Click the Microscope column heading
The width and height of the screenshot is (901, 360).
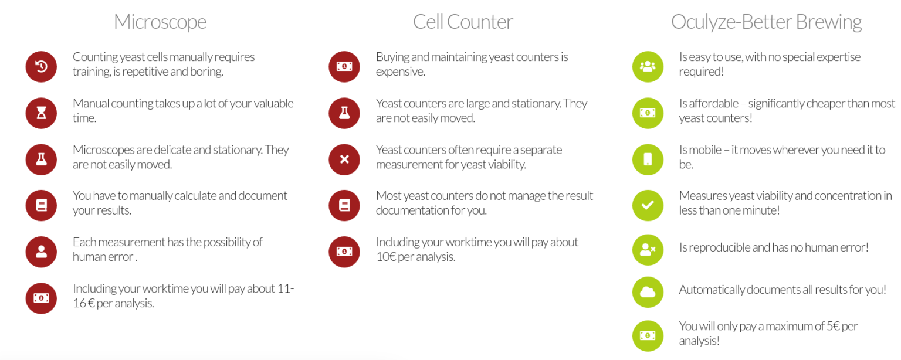coord(160,22)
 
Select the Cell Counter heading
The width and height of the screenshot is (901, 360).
coord(463,22)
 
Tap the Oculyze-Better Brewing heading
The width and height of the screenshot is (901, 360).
coord(766,22)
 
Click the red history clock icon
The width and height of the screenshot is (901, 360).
coord(41,66)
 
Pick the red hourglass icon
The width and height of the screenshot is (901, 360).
coord(41,113)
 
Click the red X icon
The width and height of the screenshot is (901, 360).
coord(344,159)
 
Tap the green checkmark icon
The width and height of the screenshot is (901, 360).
coord(648,206)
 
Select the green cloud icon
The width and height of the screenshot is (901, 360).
coord(648,292)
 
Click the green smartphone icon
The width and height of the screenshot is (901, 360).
coord(648,159)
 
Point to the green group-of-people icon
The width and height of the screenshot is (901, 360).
coord(648,66)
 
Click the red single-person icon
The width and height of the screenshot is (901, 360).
coord(41,252)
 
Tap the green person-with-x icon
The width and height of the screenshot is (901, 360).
coord(648,249)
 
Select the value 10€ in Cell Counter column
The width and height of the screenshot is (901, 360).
coord(386,257)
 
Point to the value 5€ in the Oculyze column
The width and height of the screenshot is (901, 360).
coord(833,326)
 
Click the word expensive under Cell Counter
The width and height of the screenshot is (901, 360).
coord(400,72)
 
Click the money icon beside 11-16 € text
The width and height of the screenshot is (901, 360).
coord(41,298)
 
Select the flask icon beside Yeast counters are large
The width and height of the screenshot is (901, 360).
coord(344,113)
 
